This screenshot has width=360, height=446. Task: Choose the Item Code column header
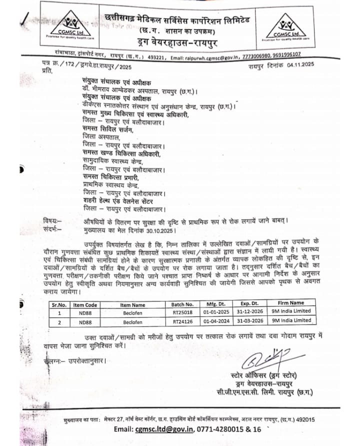tap(84, 303)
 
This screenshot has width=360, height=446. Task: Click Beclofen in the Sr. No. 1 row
tap(132, 311)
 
